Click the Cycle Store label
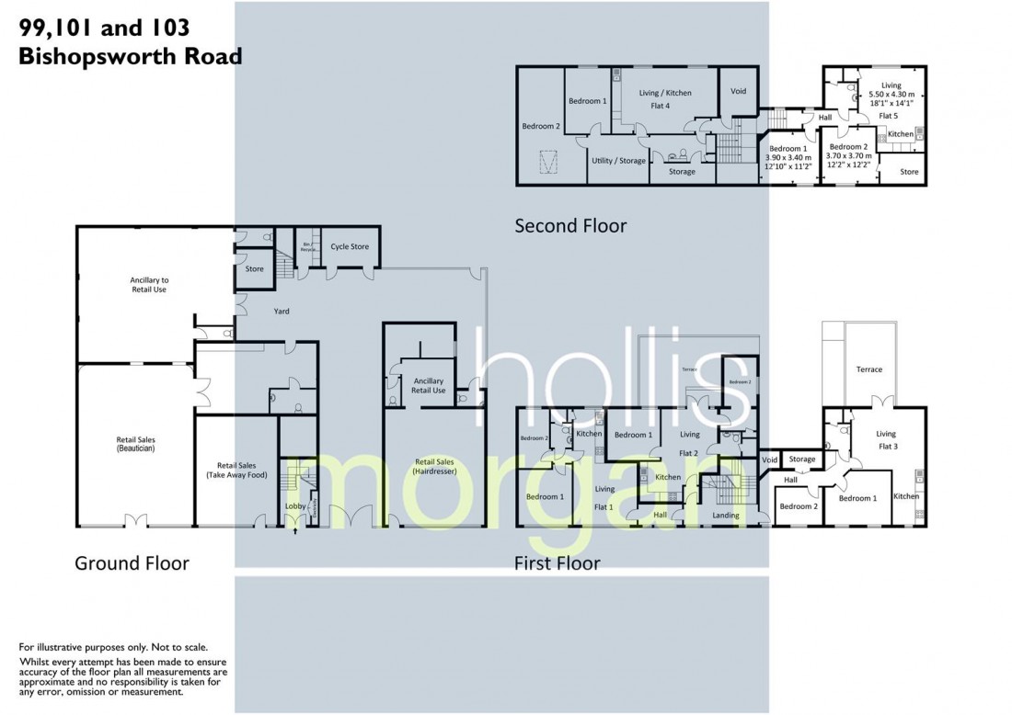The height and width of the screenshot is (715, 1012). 350,246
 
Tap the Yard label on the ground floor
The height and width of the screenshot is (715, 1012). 282,312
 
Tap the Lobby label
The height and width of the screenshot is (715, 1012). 294,506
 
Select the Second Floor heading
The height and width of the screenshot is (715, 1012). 570,225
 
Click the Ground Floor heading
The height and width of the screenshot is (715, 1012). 132,562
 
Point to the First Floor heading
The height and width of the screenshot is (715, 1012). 557,562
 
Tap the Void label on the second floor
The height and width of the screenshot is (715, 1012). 738,92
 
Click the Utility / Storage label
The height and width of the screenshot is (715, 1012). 618,161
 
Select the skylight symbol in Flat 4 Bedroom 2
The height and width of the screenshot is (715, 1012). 549,164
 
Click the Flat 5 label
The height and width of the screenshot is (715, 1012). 887,117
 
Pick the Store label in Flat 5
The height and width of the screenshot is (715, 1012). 909,171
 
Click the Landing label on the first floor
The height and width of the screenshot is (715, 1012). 726,516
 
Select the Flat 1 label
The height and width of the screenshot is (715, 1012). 604,506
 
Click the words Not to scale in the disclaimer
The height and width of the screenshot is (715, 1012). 175,648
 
